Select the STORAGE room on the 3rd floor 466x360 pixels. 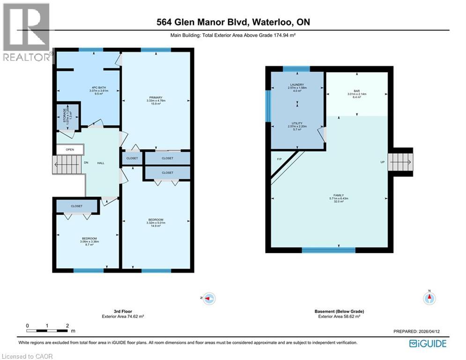[65, 115]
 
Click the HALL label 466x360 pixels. [101, 163]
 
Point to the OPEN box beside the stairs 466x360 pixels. [70, 150]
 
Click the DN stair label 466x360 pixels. [86, 163]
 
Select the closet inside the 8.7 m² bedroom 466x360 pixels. [77, 206]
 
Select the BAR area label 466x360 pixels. [356, 92]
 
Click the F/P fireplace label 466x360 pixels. [280, 159]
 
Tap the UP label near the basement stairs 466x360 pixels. [382, 162]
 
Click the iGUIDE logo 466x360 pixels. [428, 344]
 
